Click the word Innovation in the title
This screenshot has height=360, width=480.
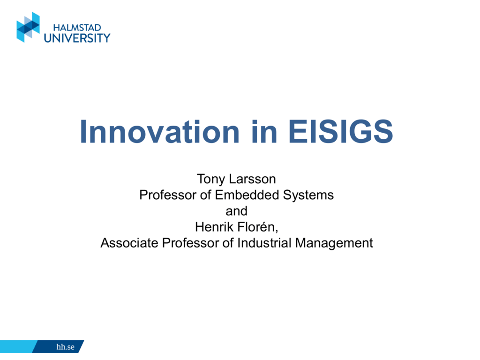point(159,132)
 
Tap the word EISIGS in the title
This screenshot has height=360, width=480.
point(340,131)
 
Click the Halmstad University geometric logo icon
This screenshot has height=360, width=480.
point(28,27)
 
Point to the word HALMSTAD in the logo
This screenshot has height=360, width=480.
point(77,28)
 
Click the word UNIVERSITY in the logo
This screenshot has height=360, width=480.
point(77,38)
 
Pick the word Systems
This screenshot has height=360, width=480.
point(308,195)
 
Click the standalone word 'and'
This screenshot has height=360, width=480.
point(236,211)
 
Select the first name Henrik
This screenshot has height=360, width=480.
point(214,227)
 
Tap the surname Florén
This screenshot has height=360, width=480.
point(257,227)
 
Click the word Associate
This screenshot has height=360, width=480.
point(129,243)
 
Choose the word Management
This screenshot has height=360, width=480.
point(334,243)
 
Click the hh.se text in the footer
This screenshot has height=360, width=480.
point(65,347)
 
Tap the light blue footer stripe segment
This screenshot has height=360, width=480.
point(18,346)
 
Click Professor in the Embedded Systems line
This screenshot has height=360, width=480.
point(168,195)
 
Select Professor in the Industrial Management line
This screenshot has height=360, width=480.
point(190,243)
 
